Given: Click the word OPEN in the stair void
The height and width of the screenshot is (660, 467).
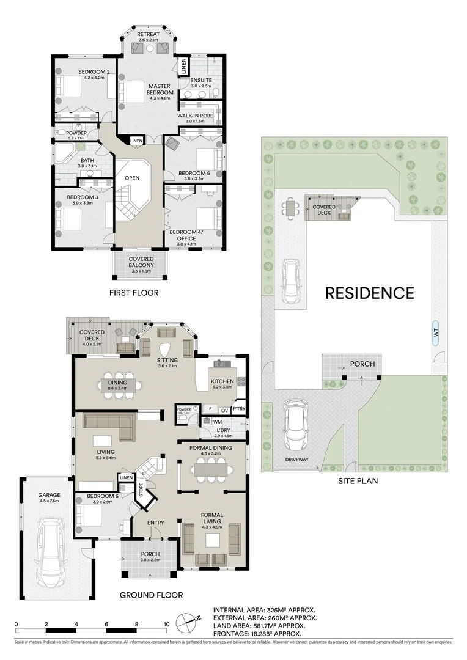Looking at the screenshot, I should pos(132,178).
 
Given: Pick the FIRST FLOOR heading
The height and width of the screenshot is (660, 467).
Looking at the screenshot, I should pos(134,293).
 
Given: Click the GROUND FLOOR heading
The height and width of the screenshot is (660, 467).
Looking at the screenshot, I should pos(151,595).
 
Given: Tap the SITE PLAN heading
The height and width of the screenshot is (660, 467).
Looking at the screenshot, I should pos(358,480).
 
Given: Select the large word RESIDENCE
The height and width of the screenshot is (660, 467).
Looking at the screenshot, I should pos(369,293).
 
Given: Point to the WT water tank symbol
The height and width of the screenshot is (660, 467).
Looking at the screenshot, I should pos(435,333).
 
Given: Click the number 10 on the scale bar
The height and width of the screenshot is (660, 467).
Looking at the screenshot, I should pos(166,624).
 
